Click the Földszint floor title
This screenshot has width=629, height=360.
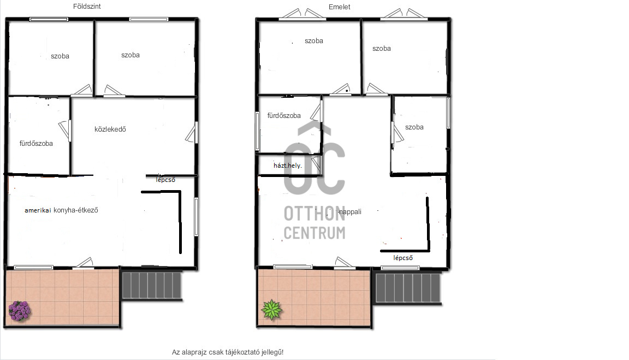coord(87,7)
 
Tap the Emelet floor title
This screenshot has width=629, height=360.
coord(340,7)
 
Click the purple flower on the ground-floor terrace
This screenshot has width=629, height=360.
coord(19,311)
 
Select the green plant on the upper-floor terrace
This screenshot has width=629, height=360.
coord(271,309)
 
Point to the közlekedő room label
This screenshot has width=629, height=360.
coord(110,129)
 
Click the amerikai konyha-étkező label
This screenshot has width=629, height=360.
coord(61,210)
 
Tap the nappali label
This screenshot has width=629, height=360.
coord(350,212)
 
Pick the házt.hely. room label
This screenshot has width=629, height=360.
coord(288,166)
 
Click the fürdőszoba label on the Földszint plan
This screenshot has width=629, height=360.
coord(36,143)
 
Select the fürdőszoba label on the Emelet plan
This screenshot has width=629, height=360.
coord(284,116)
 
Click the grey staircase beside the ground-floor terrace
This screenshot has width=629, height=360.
coord(152,285)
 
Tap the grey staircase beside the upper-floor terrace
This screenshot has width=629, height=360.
coord(407,288)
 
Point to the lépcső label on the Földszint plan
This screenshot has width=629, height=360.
coord(165,180)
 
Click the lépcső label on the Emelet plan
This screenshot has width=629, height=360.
coord(403,258)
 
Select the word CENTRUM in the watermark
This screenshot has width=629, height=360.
coord(314,233)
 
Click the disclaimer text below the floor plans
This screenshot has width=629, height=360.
coord(228,352)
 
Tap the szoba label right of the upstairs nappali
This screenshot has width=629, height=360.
coord(414,127)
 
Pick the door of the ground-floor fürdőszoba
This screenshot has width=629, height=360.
coord(66,130)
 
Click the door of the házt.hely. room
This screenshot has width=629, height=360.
coord(317,164)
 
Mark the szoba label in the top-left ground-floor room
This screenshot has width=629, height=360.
coord(60,56)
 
